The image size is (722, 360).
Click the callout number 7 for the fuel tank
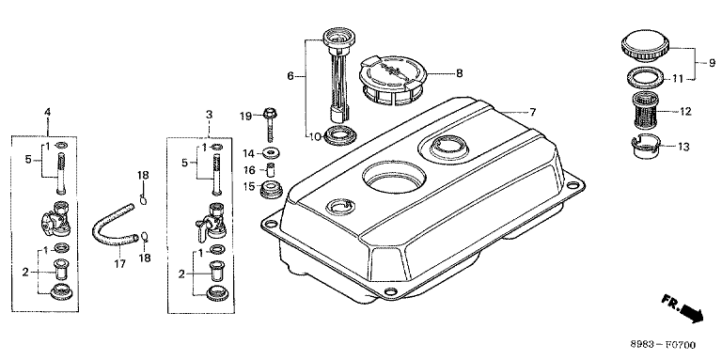[x=532, y=112]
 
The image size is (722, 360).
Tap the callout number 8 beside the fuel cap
[x=459, y=73]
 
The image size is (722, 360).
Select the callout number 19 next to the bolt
[x=246, y=116]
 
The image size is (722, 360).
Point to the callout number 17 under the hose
[x=119, y=264]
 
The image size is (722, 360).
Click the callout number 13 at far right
[x=683, y=147]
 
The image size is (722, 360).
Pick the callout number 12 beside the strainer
[x=685, y=112]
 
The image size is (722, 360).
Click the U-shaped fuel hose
[x=114, y=226]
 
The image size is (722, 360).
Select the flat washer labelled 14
[x=271, y=152]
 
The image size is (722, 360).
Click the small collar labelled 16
[x=272, y=170]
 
